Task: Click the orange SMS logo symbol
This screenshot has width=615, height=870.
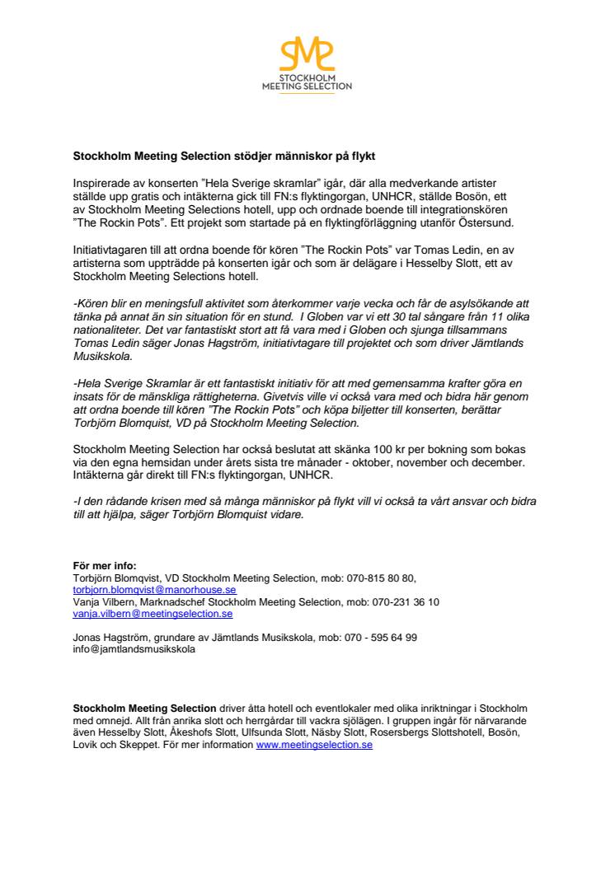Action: click(307, 54)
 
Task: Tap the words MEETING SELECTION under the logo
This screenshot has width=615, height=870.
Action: click(307, 87)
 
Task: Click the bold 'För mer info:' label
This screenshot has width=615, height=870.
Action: click(105, 566)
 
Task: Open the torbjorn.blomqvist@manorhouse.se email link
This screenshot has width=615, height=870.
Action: click(155, 590)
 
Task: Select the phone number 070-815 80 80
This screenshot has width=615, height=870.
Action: click(380, 578)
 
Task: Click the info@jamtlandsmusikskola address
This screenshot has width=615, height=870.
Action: click(134, 648)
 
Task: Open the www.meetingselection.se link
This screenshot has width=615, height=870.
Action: click(314, 744)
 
